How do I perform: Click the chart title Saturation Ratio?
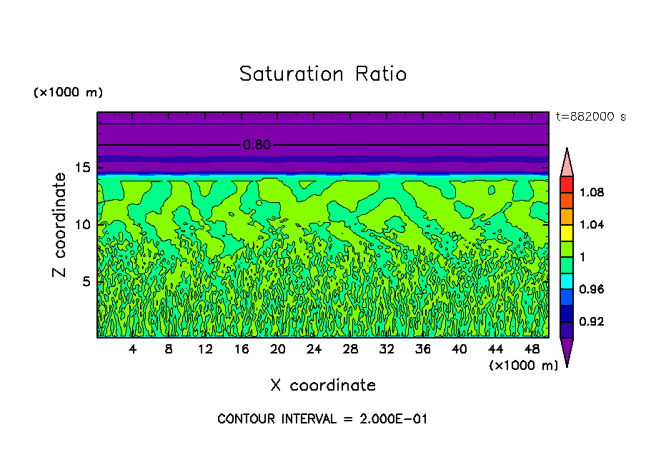click(323, 74)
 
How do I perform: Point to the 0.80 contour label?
click(257, 145)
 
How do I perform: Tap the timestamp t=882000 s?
click(591, 117)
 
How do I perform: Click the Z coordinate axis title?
click(60, 224)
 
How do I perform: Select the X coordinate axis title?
click(323, 386)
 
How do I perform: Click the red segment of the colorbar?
click(566, 184)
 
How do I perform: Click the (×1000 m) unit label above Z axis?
click(68, 93)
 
